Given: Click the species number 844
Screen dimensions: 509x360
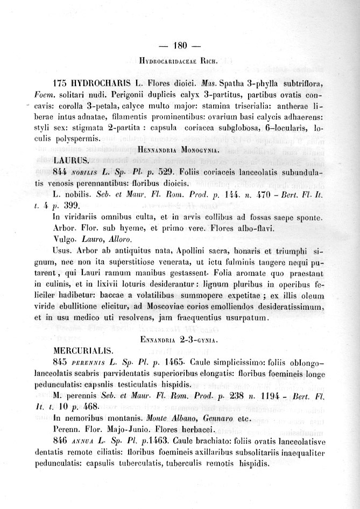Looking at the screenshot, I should tap(62, 171).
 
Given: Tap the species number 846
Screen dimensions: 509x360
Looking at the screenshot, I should tap(63, 441).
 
